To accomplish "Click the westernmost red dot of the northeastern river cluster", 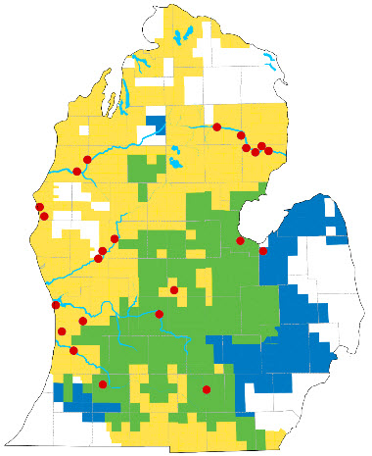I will point(216,127).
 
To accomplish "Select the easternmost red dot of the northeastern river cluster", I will point(268,149).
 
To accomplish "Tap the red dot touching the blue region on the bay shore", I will point(263,251).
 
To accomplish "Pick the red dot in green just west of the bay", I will point(240,240).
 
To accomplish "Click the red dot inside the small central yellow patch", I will point(174,290).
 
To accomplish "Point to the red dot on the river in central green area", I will point(160,314).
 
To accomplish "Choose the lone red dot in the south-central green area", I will point(206,390).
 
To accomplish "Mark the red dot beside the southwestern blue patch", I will point(103,384).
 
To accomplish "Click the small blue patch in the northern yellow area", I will point(153,126).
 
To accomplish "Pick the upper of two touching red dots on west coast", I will point(40,207).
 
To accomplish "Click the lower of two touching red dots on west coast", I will point(44,216).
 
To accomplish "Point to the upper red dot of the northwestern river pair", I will point(87,159).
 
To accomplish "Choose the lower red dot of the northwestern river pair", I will point(77,172).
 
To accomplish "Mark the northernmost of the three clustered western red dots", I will point(115,239).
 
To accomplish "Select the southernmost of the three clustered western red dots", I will point(98,258).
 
